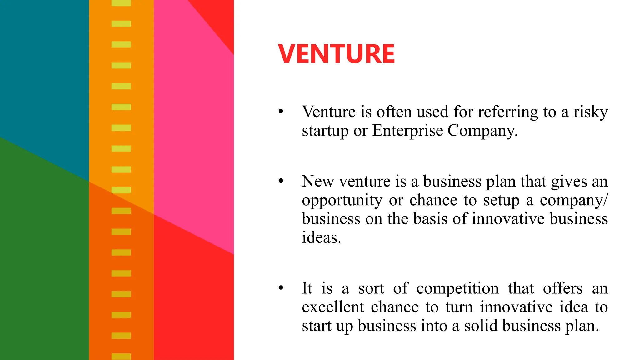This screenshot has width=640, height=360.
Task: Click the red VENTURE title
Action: [337, 54]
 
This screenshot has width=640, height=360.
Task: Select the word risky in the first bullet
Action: [591, 112]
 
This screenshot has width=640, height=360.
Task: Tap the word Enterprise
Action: [407, 131]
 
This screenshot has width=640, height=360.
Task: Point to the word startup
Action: [325, 131]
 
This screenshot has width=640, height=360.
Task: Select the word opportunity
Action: [342, 201]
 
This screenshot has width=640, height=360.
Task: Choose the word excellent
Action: [333, 307]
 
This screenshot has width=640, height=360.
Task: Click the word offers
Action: [562, 288]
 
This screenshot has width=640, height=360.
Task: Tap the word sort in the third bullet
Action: [371, 288]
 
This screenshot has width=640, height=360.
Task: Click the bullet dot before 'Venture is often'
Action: [281, 111]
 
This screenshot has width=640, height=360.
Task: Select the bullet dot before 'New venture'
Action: [281, 181]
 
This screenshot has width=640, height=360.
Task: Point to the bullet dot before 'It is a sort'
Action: [281, 288]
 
